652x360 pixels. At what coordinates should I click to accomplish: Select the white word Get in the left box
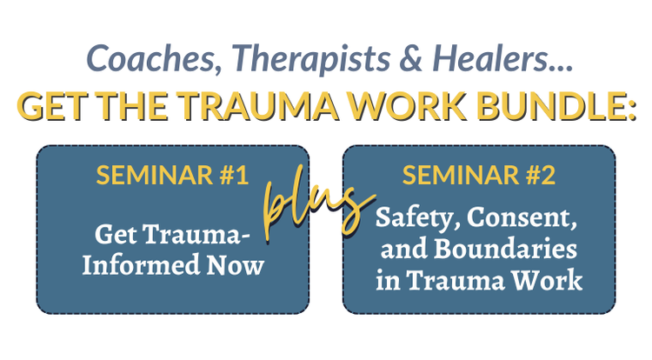click(115, 235)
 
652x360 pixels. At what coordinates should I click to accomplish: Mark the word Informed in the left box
click(143, 265)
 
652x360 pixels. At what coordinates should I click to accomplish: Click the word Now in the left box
click(238, 265)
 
